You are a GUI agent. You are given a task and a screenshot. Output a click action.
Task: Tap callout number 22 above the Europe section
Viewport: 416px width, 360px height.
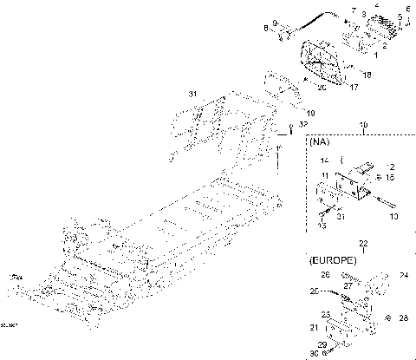tap(363, 245)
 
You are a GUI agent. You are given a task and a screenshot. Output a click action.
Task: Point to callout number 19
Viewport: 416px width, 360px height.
tap(310, 111)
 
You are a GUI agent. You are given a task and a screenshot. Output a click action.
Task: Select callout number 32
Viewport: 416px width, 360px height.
tap(302, 125)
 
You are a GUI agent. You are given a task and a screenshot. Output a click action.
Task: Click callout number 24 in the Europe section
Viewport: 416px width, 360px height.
tap(403, 278)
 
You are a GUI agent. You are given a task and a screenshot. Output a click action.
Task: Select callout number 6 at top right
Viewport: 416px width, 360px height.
tap(406, 7)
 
